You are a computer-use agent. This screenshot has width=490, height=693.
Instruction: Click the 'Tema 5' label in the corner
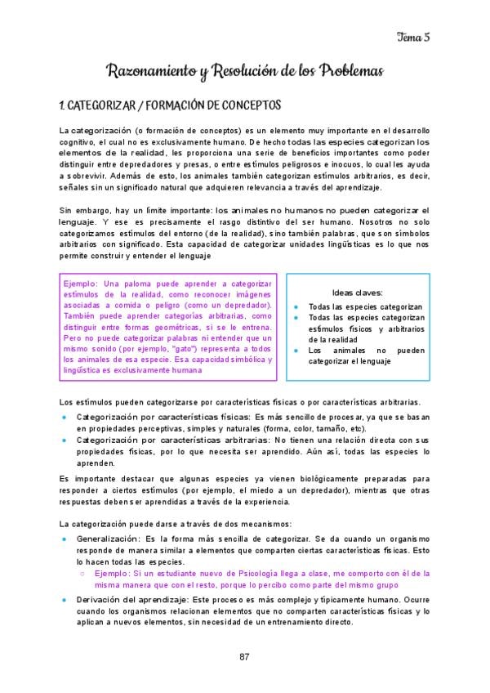(x=413, y=35)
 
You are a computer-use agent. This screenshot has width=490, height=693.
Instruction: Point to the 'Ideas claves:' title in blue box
(x=358, y=293)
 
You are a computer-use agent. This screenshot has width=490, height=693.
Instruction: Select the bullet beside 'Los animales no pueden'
(x=296, y=350)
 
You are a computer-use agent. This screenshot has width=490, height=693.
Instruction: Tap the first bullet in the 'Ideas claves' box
(x=296, y=307)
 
